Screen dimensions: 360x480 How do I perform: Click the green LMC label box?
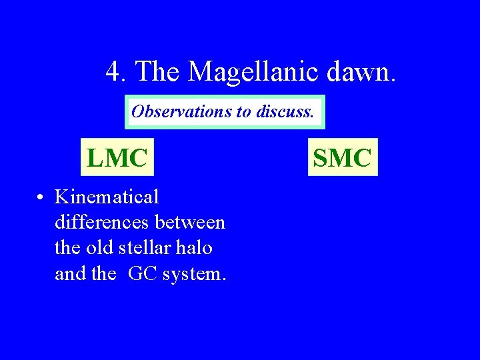[x=117, y=157]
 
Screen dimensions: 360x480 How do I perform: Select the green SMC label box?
[x=342, y=157]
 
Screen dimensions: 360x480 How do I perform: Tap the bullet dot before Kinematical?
[x=41, y=198]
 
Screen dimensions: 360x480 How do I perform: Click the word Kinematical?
[x=107, y=197]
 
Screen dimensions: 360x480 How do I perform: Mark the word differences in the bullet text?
[x=103, y=222]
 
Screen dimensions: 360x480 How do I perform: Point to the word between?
[x=190, y=222]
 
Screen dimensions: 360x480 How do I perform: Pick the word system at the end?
[x=194, y=274]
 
